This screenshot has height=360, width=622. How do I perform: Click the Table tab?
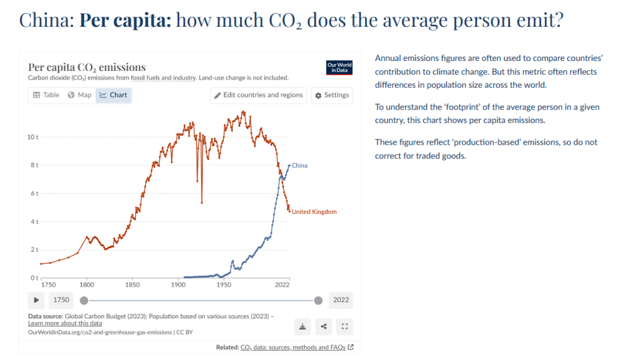pyautogui.click(x=46, y=95)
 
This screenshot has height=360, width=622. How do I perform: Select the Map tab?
pyautogui.click(x=80, y=95)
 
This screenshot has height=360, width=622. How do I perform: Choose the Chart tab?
pyautogui.click(x=113, y=95)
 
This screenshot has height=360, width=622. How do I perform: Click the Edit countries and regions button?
pyautogui.click(x=258, y=95)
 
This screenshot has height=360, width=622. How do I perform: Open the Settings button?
pyautogui.click(x=332, y=95)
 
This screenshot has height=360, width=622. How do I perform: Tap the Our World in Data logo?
pyautogui.click(x=339, y=68)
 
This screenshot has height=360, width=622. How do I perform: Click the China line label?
pyautogui.click(x=300, y=165)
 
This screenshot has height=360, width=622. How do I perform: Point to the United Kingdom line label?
pyautogui.click(x=314, y=212)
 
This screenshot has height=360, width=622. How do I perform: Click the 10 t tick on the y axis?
pyautogui.click(x=33, y=137)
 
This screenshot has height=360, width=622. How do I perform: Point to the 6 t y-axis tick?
pyautogui.click(x=34, y=193)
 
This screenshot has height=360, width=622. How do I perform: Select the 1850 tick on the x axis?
pyautogui.click(x=132, y=285)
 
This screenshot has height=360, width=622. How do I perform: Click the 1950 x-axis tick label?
pyautogui.click(x=224, y=285)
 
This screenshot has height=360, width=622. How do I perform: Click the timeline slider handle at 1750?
pyautogui.click(x=84, y=300)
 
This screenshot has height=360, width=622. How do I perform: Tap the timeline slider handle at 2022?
pyautogui.click(x=318, y=300)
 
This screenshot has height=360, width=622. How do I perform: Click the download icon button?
pyautogui.click(x=302, y=326)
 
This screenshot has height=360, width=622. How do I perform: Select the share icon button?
pyautogui.click(x=323, y=326)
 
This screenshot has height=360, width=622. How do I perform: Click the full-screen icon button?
pyautogui.click(x=345, y=326)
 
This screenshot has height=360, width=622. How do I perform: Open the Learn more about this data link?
pyautogui.click(x=65, y=323)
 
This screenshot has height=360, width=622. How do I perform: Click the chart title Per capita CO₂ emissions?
pyautogui.click(x=87, y=67)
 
